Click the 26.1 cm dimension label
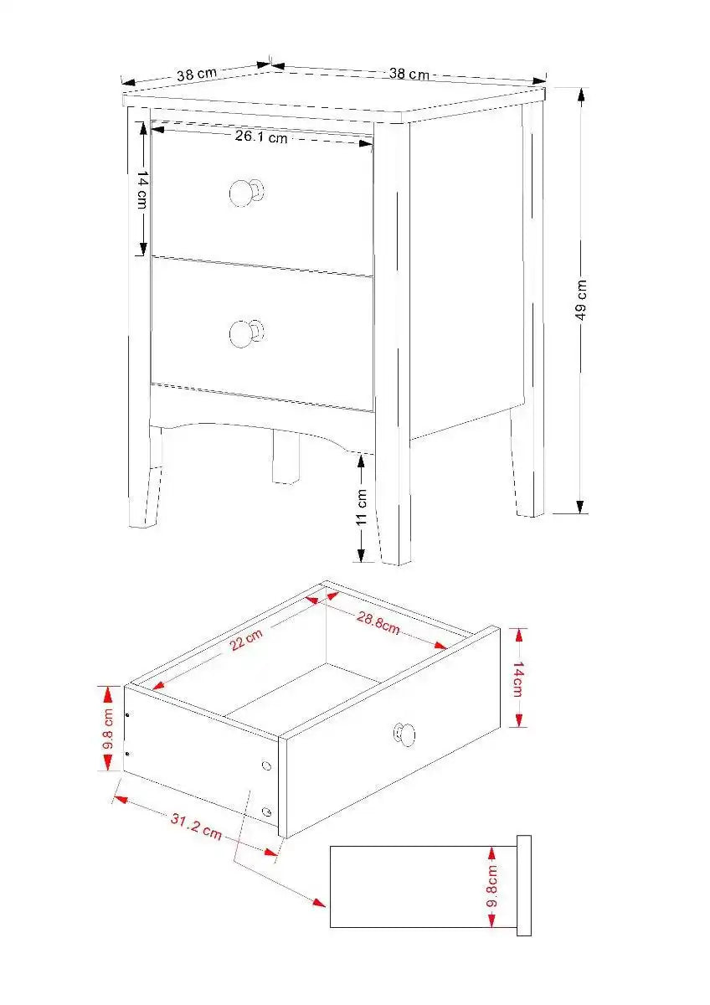(x=260, y=137)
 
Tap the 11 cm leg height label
(x=362, y=507)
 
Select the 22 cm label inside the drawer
(x=245, y=643)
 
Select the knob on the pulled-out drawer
(x=405, y=734)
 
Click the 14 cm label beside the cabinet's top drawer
(x=142, y=191)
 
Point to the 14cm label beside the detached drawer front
(x=518, y=678)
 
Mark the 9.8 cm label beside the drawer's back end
(x=108, y=729)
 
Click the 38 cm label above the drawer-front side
(x=197, y=74)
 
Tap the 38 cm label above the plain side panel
(x=409, y=74)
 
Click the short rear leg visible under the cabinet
(x=285, y=457)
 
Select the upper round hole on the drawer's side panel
(x=266, y=766)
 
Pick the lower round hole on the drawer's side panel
(x=266, y=811)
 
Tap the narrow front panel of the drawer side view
(x=524, y=885)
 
